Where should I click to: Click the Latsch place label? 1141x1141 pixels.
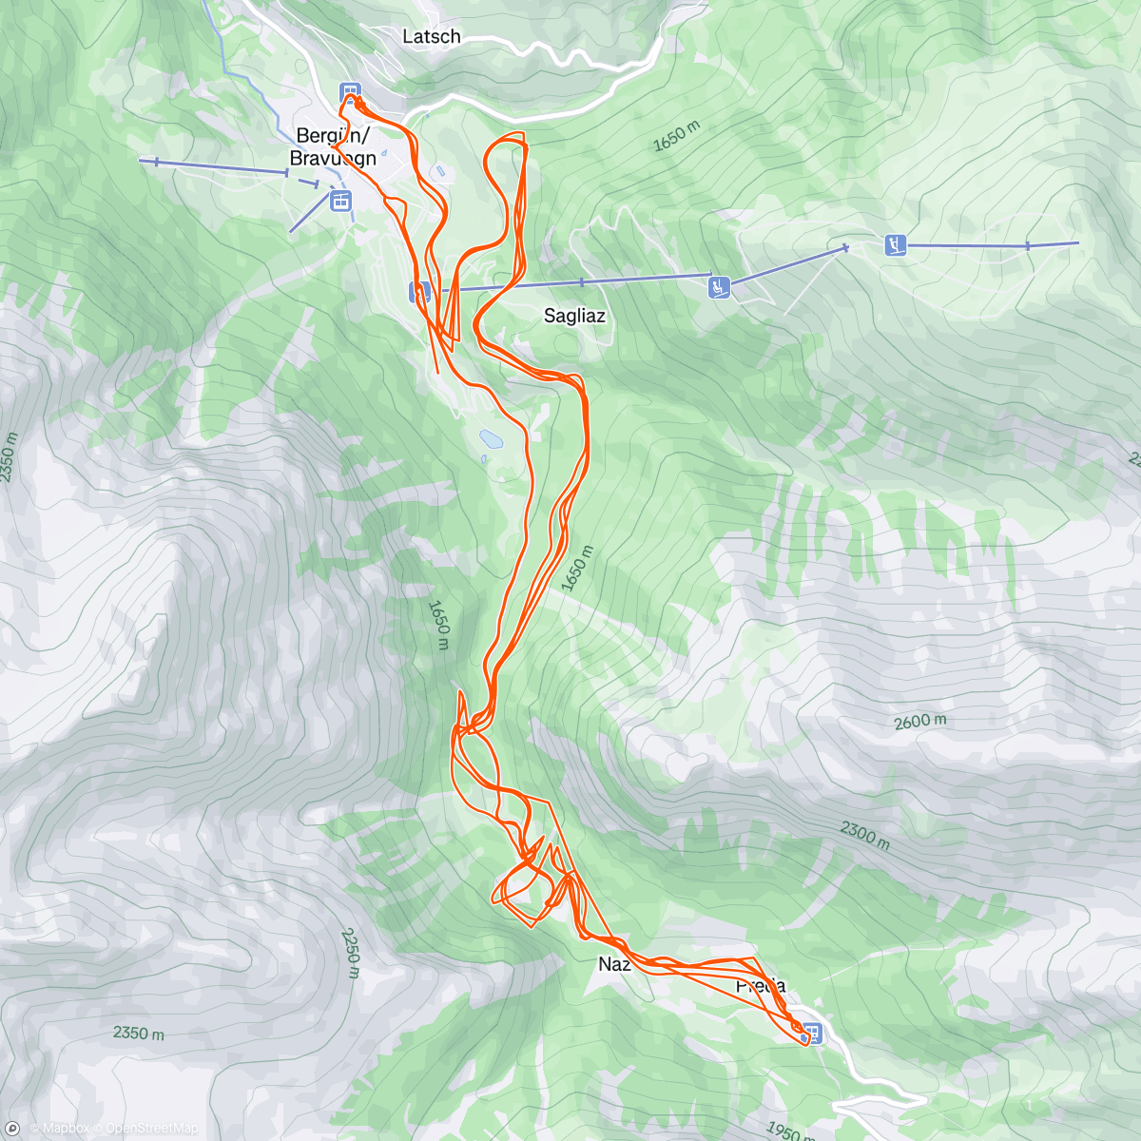coord(432,36)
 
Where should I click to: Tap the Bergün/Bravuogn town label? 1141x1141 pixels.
coord(333,146)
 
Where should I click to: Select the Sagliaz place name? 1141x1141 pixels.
coord(574,316)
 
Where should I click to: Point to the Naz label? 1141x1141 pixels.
coord(614,964)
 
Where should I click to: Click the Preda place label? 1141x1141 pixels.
coord(761,986)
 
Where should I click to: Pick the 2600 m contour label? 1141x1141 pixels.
coord(919,722)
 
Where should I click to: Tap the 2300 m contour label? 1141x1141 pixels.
coord(864,836)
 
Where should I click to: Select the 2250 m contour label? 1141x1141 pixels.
coord(350,953)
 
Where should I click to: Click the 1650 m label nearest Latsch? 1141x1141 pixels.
coord(676,137)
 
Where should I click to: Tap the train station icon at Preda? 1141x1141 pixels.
coord(811,1032)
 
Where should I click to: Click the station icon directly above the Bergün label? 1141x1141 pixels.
coord(351,92)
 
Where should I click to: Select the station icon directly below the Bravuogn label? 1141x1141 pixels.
coord(340,201)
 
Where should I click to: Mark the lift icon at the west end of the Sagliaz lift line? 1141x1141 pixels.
coord(419,290)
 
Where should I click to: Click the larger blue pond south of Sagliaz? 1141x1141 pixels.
coord(491,438)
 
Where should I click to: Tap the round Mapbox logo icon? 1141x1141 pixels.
coord(12,1129)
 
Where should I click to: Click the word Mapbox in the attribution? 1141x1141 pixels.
coord(61,1129)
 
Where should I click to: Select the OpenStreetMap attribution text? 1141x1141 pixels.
coord(150,1129)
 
